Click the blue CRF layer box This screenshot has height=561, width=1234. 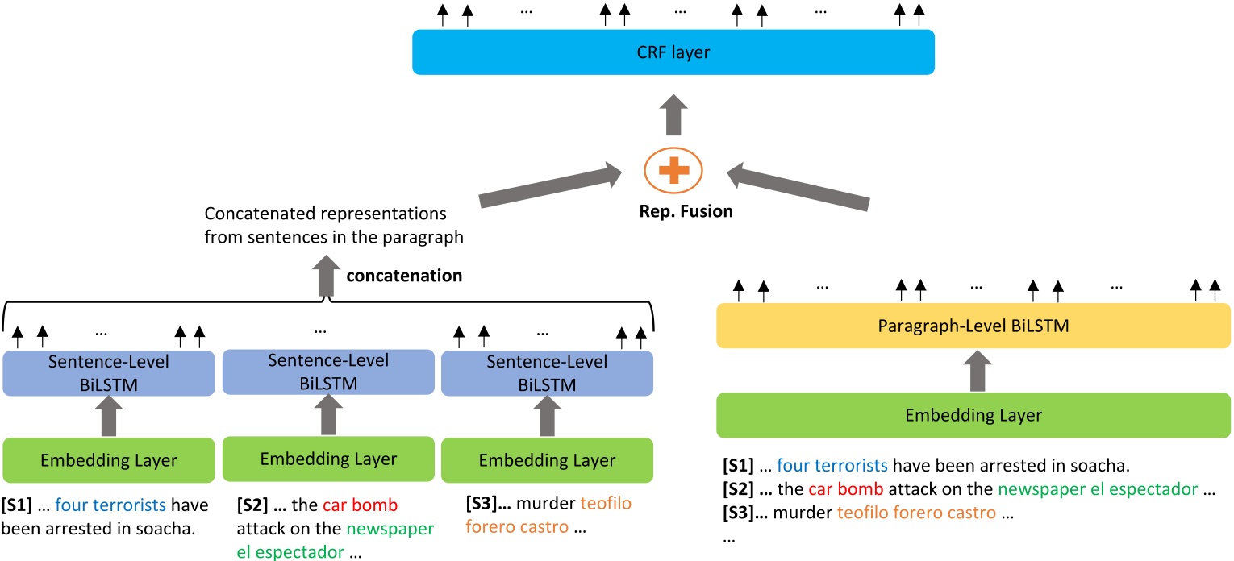click(x=673, y=52)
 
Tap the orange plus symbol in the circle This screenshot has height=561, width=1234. click(x=673, y=172)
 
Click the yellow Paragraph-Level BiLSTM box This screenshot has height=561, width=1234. click(x=973, y=326)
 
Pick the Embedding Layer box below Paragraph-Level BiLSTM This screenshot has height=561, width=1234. click(x=973, y=415)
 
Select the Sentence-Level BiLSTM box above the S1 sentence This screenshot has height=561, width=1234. click(x=108, y=373)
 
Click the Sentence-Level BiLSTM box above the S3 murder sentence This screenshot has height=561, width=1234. click(x=547, y=373)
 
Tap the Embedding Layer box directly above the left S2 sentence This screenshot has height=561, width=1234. click(x=328, y=459)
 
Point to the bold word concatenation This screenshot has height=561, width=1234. click(x=404, y=276)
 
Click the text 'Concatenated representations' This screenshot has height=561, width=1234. click(x=325, y=215)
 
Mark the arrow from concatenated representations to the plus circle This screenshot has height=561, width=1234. click(x=548, y=184)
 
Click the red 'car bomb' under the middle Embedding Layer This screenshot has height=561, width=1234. click(x=361, y=506)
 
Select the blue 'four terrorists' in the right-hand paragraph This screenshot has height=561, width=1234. click(x=832, y=465)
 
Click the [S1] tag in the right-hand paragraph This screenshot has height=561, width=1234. click(x=738, y=465)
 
